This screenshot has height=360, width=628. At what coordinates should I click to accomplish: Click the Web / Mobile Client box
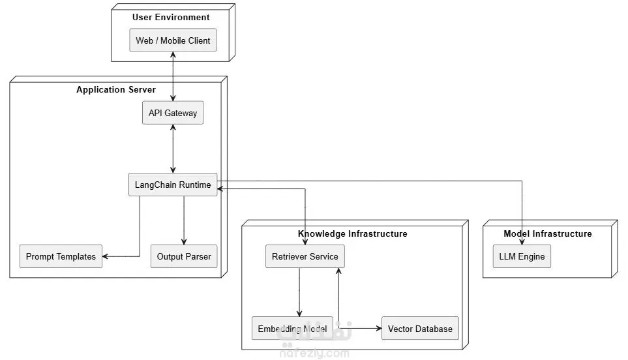pos(173,40)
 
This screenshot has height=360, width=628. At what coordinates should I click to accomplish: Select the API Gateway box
pos(173,113)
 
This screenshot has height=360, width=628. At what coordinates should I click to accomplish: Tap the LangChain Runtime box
pos(173,185)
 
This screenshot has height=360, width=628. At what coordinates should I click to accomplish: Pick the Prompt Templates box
pos(61,256)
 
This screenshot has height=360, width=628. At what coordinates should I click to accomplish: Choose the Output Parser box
pos(184,256)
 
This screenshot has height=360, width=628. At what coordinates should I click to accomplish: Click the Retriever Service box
pos(305,256)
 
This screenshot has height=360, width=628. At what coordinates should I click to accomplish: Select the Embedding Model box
pos(292,328)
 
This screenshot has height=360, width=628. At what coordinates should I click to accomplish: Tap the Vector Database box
pos(420,328)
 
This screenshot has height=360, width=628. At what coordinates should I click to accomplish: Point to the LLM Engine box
pos(522,256)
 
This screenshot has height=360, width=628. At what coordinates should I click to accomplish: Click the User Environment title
pos(171,17)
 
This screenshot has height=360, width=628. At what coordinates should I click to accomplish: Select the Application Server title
pos(116,90)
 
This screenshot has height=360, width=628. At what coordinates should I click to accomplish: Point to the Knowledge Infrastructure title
pos(352,234)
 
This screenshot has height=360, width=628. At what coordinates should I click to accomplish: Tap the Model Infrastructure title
pos(548,234)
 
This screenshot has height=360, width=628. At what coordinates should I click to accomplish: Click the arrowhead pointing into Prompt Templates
pos(105,256)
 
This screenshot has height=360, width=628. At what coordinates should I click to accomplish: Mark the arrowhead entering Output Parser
pos(184,242)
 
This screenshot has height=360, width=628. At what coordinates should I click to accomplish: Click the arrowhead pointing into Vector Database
pos(379,328)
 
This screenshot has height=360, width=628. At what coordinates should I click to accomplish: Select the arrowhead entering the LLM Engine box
pos(522,242)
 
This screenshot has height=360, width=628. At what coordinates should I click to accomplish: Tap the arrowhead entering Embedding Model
pos(299,314)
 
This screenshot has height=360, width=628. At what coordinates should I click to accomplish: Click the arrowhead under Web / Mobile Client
pos(173,55)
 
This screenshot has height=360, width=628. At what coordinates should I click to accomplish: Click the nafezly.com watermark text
pos(314,353)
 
